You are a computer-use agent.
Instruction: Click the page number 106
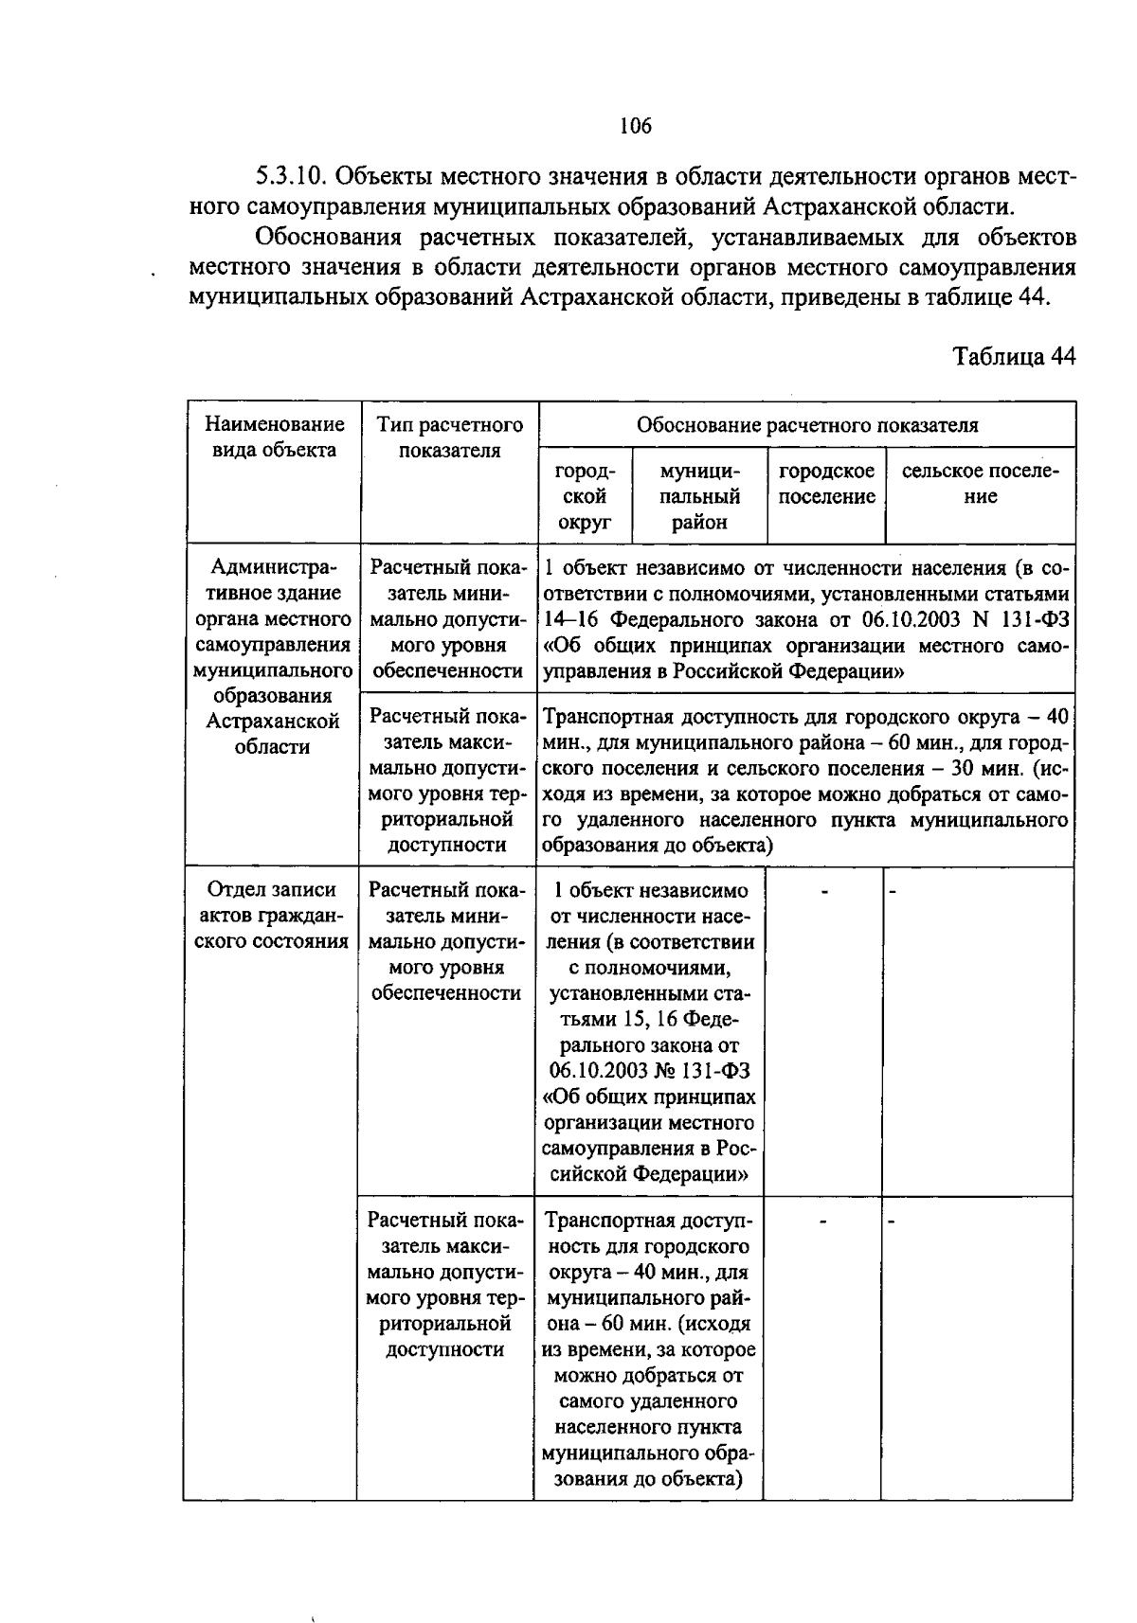pos(636,125)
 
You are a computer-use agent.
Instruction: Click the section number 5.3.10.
pos(291,177)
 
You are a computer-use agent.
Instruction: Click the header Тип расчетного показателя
pos(449,437)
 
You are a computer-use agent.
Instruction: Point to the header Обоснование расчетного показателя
pos(806,425)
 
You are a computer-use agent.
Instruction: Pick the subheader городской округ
pos(585,496)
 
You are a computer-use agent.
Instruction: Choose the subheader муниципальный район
pos(699,496)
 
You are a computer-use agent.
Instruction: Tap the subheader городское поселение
pos(826,484)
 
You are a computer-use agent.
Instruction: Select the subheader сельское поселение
pos(980,484)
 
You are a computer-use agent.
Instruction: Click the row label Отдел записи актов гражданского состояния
pos(271,916)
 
